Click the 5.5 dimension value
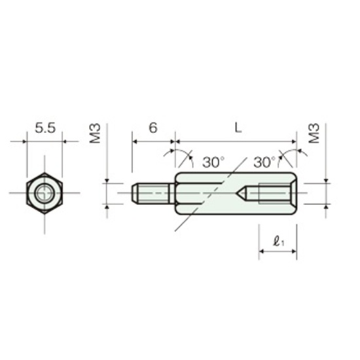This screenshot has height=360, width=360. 45,128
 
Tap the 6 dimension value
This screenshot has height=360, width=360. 153,128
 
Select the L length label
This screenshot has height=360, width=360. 238,128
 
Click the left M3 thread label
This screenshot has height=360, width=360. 95,134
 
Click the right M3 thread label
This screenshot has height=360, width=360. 314,134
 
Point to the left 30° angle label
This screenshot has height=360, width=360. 213,162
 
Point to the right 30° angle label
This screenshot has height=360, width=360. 264,162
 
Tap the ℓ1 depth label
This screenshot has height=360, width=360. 279,242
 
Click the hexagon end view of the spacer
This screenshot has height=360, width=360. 45,193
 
